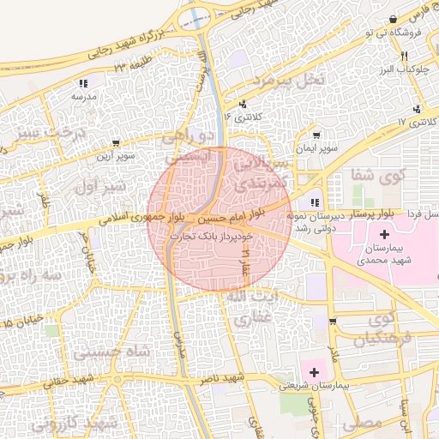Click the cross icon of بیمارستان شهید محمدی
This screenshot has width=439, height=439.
click(382, 234)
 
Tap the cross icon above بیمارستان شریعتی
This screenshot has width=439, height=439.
click(315, 372)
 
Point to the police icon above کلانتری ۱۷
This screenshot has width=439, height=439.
click(418, 109)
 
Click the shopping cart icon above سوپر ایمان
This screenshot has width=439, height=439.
click(316, 135)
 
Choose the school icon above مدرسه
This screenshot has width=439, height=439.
click(83, 83)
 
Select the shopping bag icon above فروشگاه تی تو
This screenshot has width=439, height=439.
click(392, 19)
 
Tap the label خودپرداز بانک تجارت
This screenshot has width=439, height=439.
click(210, 234)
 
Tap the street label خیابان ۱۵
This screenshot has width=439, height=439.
click(19, 323)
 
